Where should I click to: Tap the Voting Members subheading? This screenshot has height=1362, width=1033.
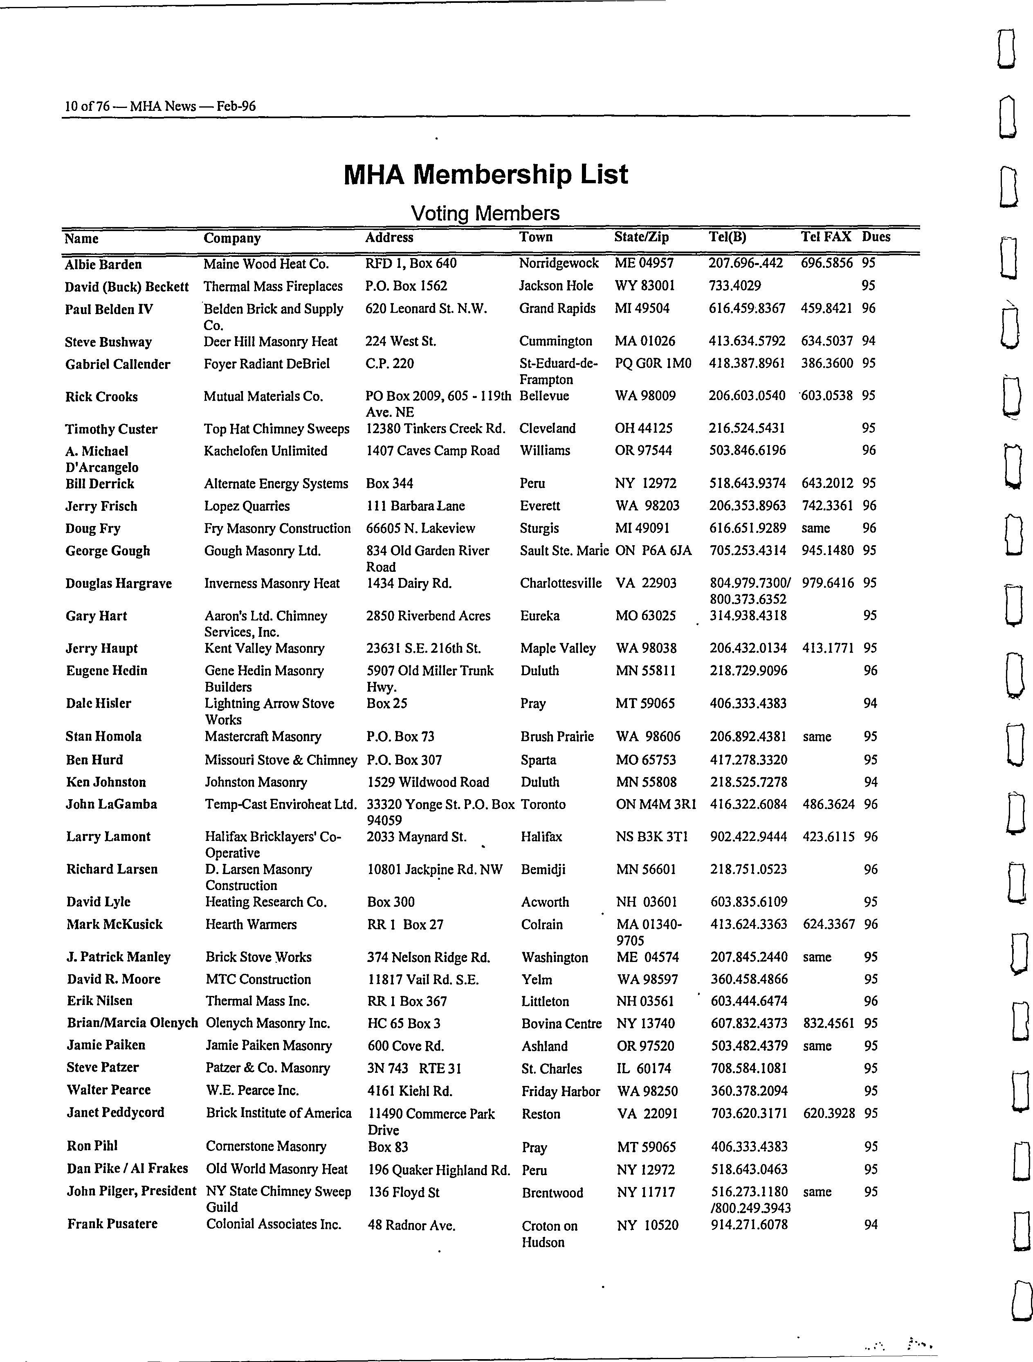(485, 213)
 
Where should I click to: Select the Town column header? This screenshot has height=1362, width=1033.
(536, 237)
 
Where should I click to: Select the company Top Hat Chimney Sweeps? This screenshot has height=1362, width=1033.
(276, 429)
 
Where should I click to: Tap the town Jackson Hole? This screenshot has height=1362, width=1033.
(556, 286)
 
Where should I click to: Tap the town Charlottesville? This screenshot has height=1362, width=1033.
(560, 583)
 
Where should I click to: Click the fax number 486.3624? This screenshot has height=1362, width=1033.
(829, 804)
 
